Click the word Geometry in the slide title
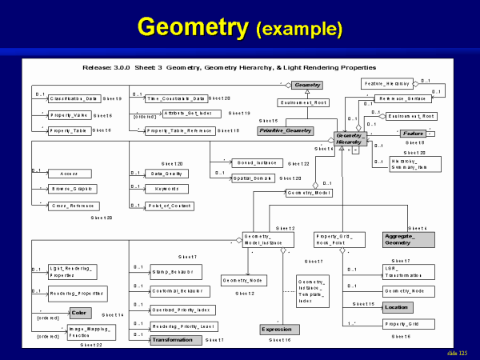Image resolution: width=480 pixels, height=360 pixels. [x=192, y=27]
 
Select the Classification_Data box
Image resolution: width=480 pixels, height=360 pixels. [x=74, y=98]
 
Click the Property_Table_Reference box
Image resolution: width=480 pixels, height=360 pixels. [x=181, y=130]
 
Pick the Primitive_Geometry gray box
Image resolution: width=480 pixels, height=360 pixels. [x=285, y=130]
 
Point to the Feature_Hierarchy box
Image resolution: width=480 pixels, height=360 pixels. [x=387, y=83]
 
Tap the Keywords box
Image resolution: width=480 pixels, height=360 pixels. [x=166, y=189]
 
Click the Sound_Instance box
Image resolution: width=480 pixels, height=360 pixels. [x=254, y=162]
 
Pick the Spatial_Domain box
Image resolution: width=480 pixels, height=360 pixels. [x=254, y=178]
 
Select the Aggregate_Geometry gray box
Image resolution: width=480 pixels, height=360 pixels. [x=408, y=239]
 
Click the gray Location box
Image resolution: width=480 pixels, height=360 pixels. [x=397, y=307]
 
